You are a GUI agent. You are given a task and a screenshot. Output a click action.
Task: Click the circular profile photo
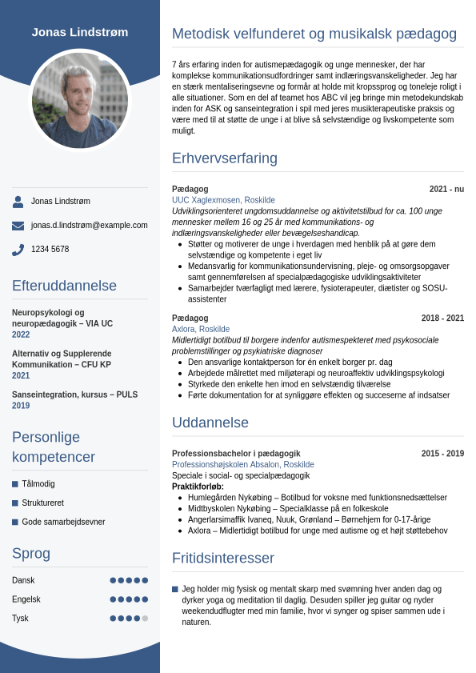[80, 101]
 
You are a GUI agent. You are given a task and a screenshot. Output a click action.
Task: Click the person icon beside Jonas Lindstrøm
[18, 202]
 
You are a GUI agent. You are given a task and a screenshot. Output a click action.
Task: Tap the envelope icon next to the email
[18, 226]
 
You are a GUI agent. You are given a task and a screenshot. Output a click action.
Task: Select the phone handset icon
[18, 250]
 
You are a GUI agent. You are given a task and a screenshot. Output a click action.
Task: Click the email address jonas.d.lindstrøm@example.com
[90, 226]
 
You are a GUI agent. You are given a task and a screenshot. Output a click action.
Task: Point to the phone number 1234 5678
[50, 250]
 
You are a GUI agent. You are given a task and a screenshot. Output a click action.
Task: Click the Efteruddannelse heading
[64, 286]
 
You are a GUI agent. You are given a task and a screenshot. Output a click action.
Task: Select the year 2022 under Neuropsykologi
[21, 335]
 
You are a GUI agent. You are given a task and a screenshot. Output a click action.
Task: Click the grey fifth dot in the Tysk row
[145, 619]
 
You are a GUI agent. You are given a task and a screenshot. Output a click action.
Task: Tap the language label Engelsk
[26, 599]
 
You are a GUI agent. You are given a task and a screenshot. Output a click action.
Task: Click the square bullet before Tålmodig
[15, 484]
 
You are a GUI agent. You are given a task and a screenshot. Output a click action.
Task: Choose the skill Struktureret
[43, 503]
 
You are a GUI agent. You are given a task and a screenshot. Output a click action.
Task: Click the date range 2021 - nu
[446, 190]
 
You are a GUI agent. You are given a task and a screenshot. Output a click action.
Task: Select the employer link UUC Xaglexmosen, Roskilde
[223, 200]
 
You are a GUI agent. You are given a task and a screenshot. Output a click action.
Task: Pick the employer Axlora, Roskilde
[201, 329]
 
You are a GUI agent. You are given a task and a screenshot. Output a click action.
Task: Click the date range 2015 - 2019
[442, 454]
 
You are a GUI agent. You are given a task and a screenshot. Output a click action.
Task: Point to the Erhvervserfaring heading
[225, 158]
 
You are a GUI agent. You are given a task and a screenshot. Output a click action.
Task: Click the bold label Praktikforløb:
[198, 487]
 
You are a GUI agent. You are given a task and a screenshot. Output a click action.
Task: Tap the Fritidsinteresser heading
[223, 558]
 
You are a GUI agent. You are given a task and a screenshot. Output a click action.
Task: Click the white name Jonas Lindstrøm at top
[80, 32]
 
